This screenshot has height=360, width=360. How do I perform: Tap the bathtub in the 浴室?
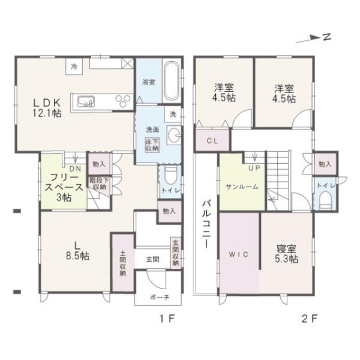tap(170, 82)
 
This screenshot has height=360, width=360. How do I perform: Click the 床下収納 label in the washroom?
tap(152, 145)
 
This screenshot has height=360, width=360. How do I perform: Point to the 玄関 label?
tap(152, 259)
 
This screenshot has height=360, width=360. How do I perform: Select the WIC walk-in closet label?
tap(238, 254)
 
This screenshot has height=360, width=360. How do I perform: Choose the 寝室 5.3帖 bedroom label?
tap(287, 254)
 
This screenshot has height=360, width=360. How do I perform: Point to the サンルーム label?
tap(242, 187)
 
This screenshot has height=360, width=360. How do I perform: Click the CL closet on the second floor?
tap(212, 142)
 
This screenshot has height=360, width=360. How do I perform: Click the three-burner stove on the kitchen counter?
tap(124, 100)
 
